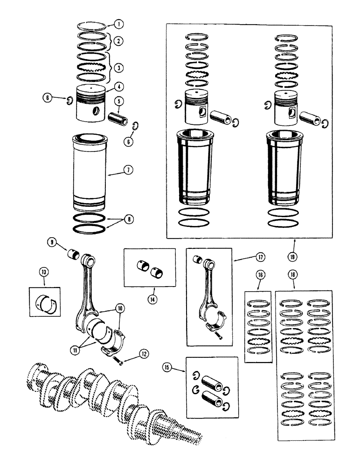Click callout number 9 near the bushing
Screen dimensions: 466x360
(51, 242)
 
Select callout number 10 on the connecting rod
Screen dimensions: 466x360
(120, 308)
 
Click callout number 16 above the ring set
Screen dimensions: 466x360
(260, 275)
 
